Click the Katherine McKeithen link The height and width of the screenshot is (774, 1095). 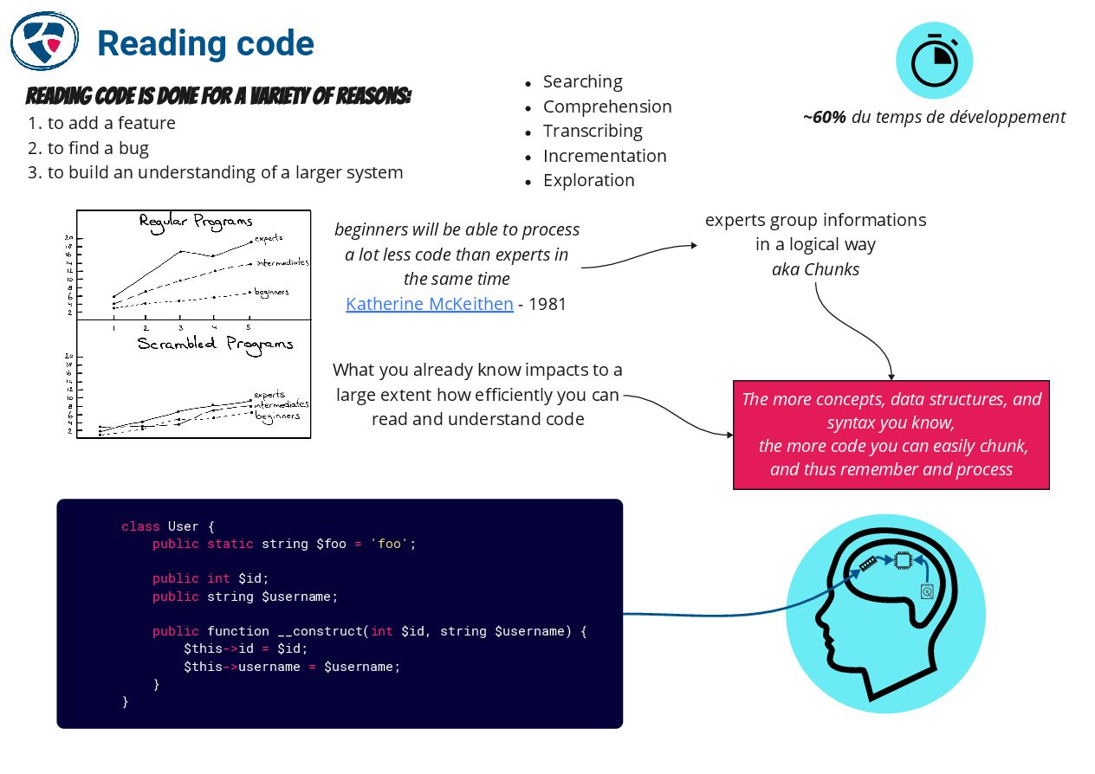point(429,304)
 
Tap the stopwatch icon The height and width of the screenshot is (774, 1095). point(934,61)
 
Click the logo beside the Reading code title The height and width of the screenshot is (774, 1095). point(44,41)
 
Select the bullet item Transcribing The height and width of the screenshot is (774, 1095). point(593,131)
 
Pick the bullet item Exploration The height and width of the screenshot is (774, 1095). point(588,180)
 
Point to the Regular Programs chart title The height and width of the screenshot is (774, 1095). point(196,222)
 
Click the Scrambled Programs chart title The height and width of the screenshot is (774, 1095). point(215,344)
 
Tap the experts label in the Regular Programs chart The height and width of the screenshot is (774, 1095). point(269,237)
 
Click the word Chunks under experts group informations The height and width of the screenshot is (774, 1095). point(832,269)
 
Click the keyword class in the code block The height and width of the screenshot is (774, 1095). point(139,526)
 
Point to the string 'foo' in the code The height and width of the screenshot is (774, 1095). point(389,544)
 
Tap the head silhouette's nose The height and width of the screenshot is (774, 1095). point(816,619)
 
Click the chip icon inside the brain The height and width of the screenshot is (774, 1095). point(903,561)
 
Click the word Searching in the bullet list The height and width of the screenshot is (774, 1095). point(582,81)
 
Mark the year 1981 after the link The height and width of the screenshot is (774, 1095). point(547,304)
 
